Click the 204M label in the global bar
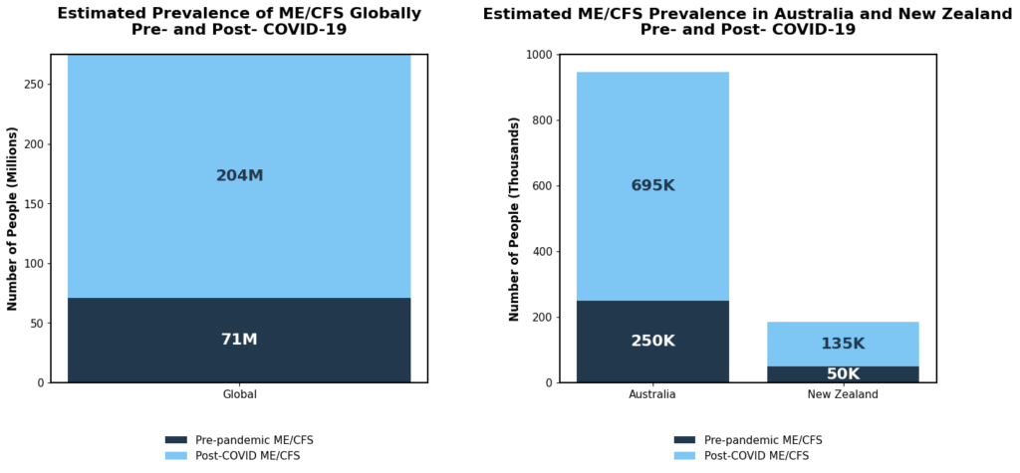[239, 176]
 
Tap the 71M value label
[239, 340]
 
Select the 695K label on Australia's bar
[652, 185]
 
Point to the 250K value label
[652, 341]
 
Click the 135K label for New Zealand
[843, 344]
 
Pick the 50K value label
[843, 374]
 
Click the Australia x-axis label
[652, 394]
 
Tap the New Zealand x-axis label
[843, 394]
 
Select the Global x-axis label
[239, 394]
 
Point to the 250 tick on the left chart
[34, 84]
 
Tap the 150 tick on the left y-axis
[34, 204]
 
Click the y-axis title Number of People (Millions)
[13, 218]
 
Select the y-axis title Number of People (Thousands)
[514, 218]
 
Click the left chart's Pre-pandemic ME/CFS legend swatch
[176, 440]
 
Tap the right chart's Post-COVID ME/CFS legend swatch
[684, 455]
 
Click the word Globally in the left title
[374, 14]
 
